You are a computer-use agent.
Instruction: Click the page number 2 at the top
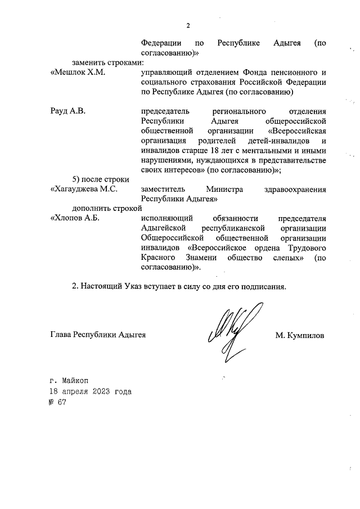pos(188,26)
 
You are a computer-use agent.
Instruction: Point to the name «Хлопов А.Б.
pos(75,218)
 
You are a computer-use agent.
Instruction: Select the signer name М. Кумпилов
pos(300,335)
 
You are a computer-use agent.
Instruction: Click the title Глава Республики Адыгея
pos(98,335)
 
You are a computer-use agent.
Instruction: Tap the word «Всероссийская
pos(298,130)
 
